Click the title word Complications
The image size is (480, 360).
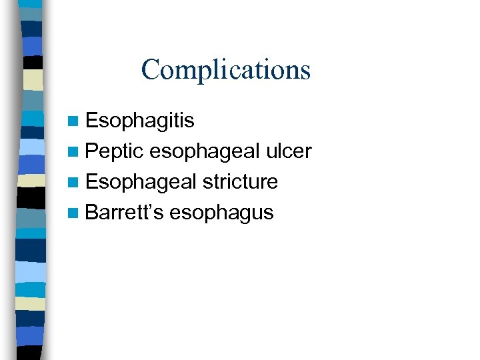click(225, 69)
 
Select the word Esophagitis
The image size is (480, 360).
click(140, 121)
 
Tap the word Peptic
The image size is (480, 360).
click(115, 151)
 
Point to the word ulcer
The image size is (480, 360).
click(288, 151)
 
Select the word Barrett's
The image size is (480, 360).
click(125, 213)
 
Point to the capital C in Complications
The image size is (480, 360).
click(150, 69)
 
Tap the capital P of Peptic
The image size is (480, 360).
click(92, 151)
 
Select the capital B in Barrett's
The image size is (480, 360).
click(92, 213)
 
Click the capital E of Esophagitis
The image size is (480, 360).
click(92, 121)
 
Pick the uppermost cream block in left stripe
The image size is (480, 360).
click(34, 79)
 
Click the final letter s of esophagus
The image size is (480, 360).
click(268, 214)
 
